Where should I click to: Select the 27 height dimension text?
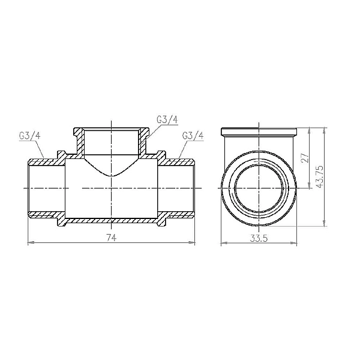(305, 157)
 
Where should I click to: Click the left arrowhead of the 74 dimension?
(31, 243)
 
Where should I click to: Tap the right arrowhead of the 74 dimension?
(193, 243)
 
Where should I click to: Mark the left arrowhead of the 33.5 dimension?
(224, 243)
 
